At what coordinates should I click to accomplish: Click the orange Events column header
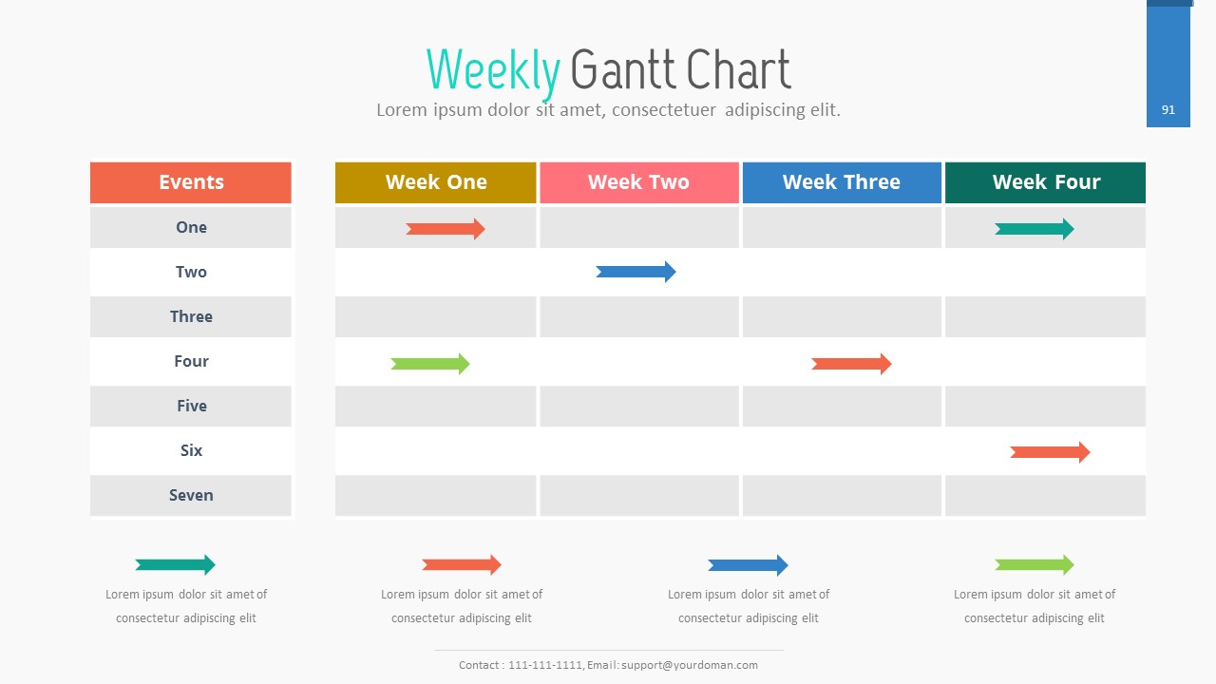pyautogui.click(x=191, y=182)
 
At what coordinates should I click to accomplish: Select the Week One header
pyautogui.click(x=435, y=182)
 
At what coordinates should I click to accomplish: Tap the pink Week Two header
pyautogui.click(x=639, y=182)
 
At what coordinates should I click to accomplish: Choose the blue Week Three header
pyautogui.click(x=842, y=182)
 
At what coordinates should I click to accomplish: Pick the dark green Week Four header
pyautogui.click(x=1046, y=182)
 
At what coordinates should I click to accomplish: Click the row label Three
pyautogui.click(x=191, y=316)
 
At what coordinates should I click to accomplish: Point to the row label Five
pyautogui.click(x=192, y=406)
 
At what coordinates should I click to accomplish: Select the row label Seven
pyautogui.click(x=191, y=495)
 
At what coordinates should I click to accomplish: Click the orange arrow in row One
pyautogui.click(x=446, y=229)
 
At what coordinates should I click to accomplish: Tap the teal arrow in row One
pyautogui.click(x=1035, y=229)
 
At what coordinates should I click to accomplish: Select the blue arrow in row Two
pyautogui.click(x=636, y=272)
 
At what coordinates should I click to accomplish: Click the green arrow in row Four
pyautogui.click(x=430, y=364)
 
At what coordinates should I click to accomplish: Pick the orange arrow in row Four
pyautogui.click(x=851, y=364)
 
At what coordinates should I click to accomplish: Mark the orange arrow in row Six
pyautogui.click(x=1050, y=452)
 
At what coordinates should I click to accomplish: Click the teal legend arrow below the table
pyautogui.click(x=176, y=565)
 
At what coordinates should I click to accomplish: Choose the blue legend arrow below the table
pyautogui.click(x=748, y=565)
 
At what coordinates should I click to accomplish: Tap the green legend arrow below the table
pyautogui.click(x=1035, y=565)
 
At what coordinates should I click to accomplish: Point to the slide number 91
pyautogui.click(x=1168, y=110)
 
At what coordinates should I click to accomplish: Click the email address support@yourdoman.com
pyautogui.click(x=690, y=665)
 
